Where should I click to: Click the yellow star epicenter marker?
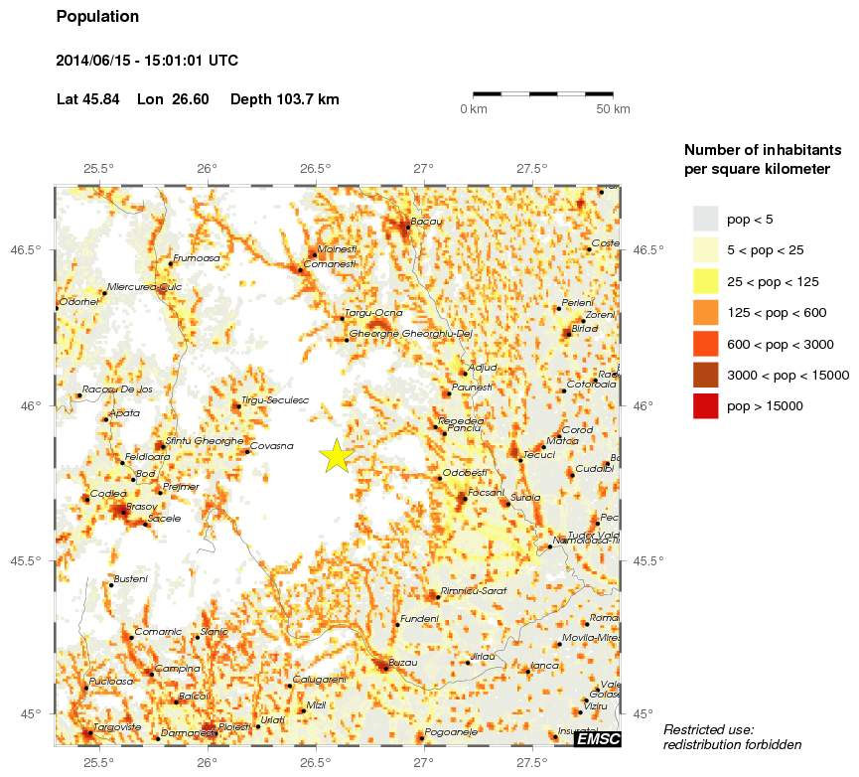point(337,455)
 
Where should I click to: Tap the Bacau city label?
point(426,221)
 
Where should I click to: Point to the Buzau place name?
point(401,661)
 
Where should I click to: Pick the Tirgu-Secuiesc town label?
point(275,399)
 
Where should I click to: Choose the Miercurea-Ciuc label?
point(144,286)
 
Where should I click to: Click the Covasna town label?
point(271,446)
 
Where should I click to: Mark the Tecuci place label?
point(538,454)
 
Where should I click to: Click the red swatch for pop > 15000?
point(705,405)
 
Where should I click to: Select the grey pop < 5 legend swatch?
point(705,218)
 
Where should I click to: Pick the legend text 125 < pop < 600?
point(777,313)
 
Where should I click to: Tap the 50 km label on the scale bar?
point(613,109)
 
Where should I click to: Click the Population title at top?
point(98,17)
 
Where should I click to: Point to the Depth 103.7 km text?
point(284,99)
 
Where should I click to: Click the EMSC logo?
point(598,738)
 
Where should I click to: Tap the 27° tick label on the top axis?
point(424,168)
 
